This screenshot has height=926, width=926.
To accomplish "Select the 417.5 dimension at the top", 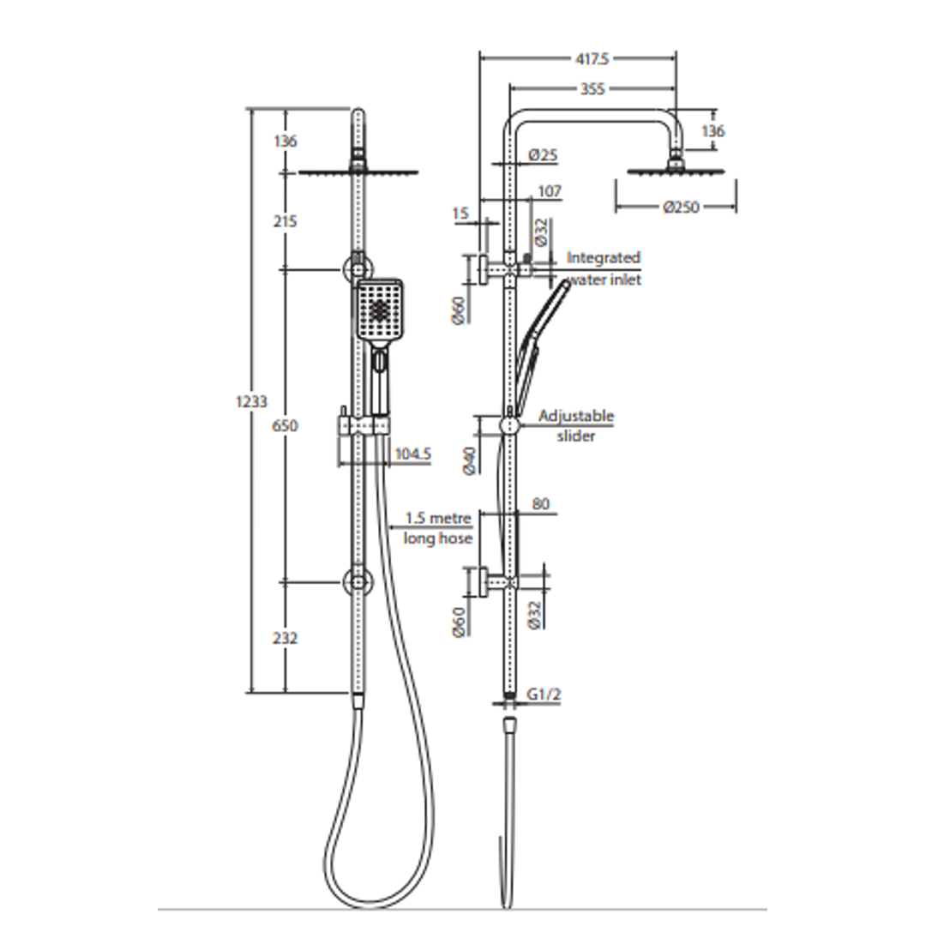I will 592,59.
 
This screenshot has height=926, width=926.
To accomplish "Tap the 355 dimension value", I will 592,88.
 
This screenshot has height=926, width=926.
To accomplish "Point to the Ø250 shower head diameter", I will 682,207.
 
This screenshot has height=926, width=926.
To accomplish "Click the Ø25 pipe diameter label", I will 543,155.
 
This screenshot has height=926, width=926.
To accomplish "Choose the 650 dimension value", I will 285,425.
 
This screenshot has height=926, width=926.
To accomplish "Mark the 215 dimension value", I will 285,221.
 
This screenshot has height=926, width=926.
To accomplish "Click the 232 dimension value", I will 285,638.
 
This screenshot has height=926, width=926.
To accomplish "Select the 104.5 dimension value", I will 412,454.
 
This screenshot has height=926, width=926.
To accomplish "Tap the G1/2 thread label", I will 544,694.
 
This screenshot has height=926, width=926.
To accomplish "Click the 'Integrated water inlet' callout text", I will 604,268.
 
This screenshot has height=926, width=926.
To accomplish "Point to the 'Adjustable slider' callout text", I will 576,426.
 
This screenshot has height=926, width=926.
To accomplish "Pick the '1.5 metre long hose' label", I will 438,528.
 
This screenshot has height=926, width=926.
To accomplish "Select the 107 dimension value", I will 549,191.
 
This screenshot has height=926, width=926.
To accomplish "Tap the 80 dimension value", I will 540,504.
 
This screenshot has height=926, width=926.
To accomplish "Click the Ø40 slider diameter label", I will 469,460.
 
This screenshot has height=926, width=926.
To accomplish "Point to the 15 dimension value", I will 461,213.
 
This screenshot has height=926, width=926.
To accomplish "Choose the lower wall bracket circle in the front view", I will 358,580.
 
